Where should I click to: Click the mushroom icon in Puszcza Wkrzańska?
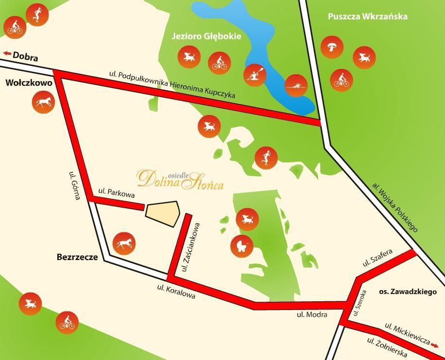[332, 47]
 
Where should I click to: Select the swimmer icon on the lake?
[296, 86]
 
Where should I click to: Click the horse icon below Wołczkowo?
[43, 102]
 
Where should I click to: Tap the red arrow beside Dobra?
[7, 54]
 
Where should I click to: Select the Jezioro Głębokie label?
[206, 36]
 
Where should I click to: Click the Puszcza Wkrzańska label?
[367, 16]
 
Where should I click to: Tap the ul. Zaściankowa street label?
[190, 246]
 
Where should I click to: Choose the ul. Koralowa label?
[176, 291]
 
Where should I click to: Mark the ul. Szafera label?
[377, 259]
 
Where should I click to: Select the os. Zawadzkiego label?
[408, 292]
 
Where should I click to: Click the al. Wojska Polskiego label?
[395, 207]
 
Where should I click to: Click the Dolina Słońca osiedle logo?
[180, 179]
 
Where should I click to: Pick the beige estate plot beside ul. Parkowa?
[163, 213]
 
